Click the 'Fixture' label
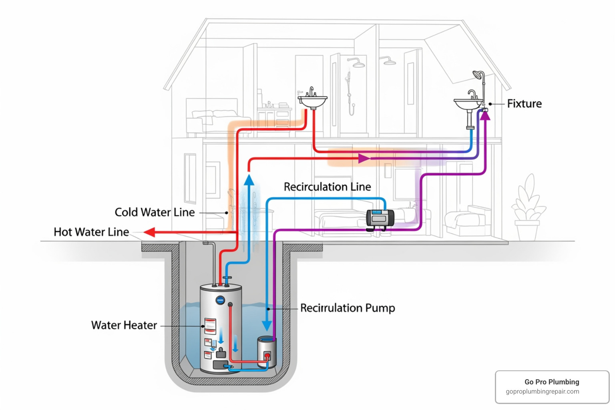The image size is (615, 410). pyautogui.click(x=524, y=104)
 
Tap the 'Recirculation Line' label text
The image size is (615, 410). pyautogui.click(x=327, y=187)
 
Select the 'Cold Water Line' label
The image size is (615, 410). pyautogui.click(x=155, y=212)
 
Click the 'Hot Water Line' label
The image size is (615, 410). pyautogui.click(x=91, y=232)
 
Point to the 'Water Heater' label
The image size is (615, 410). pyautogui.click(x=124, y=325)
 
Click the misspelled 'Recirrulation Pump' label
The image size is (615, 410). pyautogui.click(x=348, y=308)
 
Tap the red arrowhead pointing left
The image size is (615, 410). pyautogui.click(x=149, y=232)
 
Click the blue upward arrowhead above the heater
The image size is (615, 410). pyautogui.click(x=249, y=179)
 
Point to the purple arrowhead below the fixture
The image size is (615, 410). pyautogui.click(x=485, y=116)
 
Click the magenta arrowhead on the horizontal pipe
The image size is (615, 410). pyautogui.click(x=364, y=159)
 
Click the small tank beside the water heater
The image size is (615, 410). pyautogui.click(x=267, y=352)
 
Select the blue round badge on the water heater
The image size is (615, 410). pyautogui.click(x=220, y=300)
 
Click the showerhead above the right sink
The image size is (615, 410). pyautogui.click(x=478, y=75)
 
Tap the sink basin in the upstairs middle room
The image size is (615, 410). pyautogui.click(x=313, y=101)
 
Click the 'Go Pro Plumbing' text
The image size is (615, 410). pyautogui.click(x=552, y=382)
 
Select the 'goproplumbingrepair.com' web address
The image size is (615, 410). pyautogui.click(x=542, y=392)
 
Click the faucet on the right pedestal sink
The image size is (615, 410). pyautogui.click(x=472, y=94)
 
